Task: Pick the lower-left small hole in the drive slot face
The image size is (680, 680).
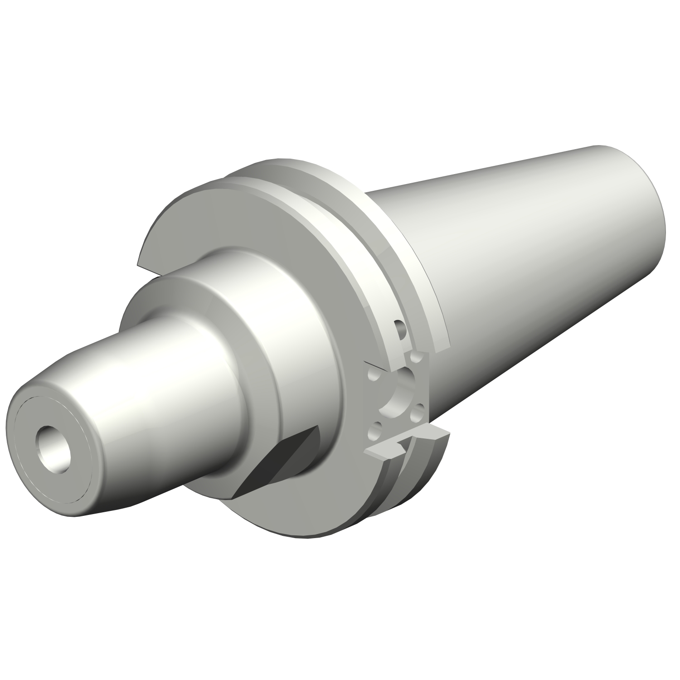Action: point(374,429)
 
